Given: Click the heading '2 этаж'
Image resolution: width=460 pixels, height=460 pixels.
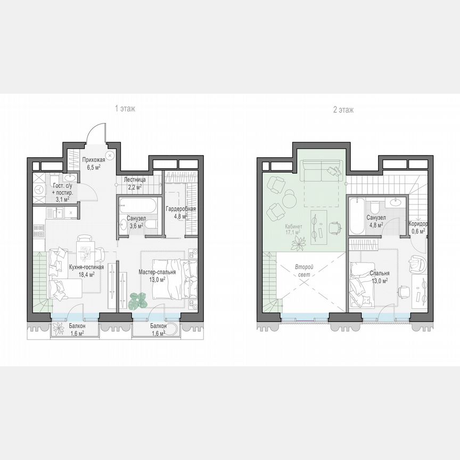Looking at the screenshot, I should pos(343,110).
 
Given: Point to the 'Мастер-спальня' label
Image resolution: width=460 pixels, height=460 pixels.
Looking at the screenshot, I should pos(158,272).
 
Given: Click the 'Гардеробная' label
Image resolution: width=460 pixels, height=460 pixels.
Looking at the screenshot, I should pos(180,209).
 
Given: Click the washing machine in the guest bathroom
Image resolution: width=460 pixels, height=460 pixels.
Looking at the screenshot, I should pos(39,189).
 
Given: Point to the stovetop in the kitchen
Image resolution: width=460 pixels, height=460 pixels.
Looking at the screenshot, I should pos(39,231).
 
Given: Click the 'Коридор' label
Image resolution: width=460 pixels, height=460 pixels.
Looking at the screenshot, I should pos(418,224).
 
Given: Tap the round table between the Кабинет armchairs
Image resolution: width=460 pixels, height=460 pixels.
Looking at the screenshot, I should pos(289,199).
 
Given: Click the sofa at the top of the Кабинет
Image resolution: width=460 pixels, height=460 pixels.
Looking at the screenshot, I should pos(322,171).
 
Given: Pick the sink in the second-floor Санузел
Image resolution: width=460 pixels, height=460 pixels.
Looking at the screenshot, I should pos(396,202).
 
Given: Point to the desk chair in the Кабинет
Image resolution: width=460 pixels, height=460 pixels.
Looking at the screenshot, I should pos(335,227).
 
